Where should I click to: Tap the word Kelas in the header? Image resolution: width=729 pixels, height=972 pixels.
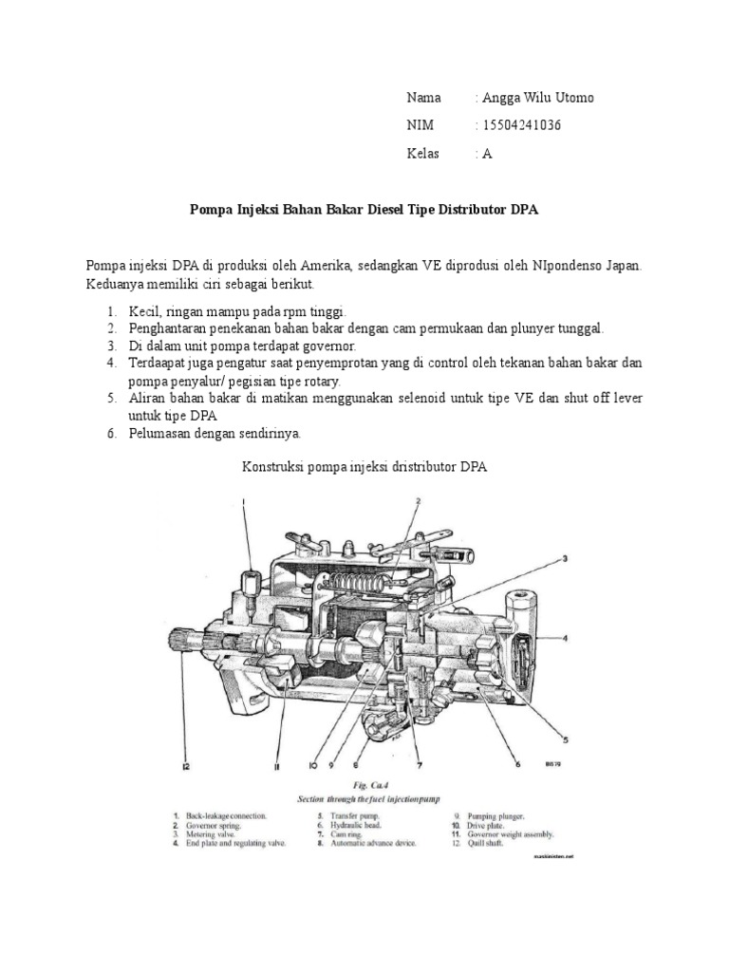tap(423, 154)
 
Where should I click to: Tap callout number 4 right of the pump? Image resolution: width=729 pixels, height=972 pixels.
tap(565, 639)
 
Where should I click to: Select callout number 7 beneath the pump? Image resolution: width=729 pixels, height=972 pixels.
tap(417, 763)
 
